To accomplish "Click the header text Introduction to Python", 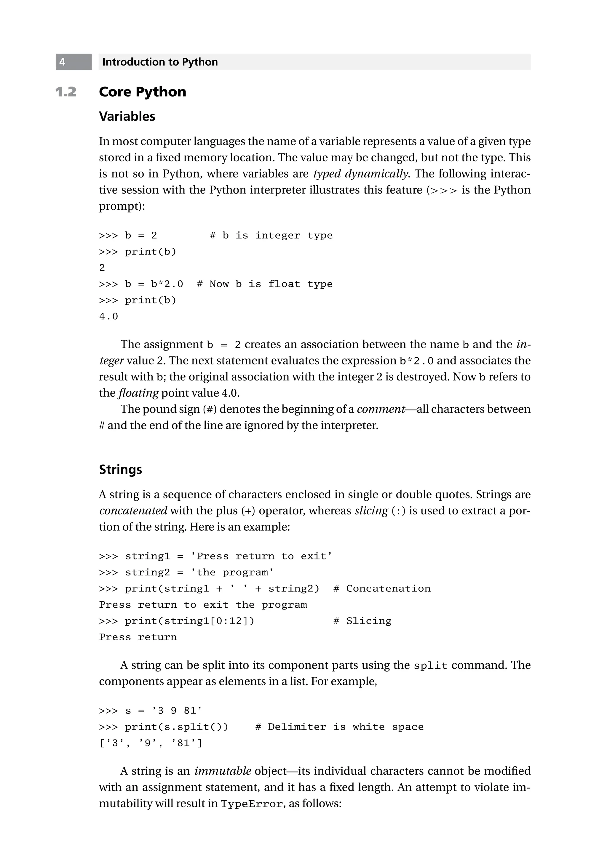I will tap(160, 62).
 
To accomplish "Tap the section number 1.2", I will tap(66, 92).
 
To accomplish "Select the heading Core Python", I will tap(142, 92).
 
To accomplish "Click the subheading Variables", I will tap(127, 116).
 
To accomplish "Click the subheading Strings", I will tap(121, 469).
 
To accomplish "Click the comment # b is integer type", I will tap(271, 236).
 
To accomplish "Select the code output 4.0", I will tap(108, 316).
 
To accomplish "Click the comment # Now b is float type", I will tap(264, 284).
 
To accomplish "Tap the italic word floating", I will tap(138, 393).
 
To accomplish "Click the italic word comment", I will tap(381, 409).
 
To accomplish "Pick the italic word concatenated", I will tap(133, 511).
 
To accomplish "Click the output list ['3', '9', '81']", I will tap(150, 743).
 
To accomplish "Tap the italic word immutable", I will tap(223, 771).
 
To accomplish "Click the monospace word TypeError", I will tap(252, 804).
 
